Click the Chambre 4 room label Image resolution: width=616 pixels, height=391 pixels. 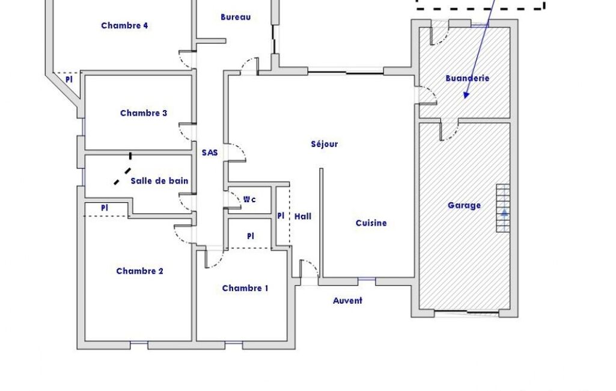(124, 26)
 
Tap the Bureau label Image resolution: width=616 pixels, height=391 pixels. (236, 17)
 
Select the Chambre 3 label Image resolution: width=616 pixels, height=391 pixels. (144, 113)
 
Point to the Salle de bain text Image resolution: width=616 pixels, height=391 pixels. (159, 181)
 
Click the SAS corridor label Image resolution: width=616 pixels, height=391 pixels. (210, 153)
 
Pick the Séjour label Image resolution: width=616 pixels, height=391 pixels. (325, 144)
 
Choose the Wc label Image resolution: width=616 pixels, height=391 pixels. (250, 200)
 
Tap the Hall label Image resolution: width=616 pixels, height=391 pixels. (303, 217)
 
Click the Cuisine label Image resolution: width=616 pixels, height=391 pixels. (371, 223)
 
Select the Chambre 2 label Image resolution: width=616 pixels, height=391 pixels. (140, 271)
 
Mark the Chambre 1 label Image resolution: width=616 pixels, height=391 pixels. (245, 288)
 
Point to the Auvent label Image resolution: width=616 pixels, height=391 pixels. (348, 301)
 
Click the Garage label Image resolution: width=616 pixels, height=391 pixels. (465, 205)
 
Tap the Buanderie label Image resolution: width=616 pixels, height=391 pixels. (468, 78)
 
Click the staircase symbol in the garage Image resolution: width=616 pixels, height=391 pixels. (503, 208)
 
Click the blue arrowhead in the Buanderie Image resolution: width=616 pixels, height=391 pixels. (466, 95)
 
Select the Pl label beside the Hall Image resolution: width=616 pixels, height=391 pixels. (281, 216)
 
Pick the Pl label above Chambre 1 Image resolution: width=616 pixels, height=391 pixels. (251, 236)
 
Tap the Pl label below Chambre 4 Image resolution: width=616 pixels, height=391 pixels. (69, 79)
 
